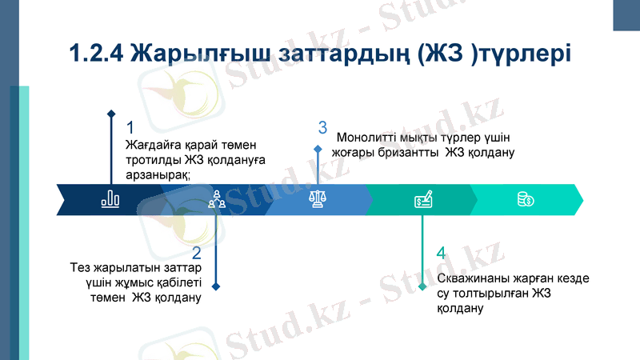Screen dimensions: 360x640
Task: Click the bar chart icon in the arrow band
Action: [110, 200]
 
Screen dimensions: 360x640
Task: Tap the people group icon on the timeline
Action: [215, 200]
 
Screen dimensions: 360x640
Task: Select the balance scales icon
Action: [318, 200]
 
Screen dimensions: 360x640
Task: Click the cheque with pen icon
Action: [423, 200]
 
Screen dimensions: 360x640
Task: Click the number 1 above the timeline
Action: [130, 128]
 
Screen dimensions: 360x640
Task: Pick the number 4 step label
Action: [441, 254]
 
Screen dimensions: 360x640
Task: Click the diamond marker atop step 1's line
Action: [111, 113]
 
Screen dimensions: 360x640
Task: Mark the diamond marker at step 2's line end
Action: [215, 286]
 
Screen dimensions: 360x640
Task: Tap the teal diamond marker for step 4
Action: [422, 286]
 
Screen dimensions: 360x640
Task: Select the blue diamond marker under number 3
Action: [318, 149]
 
